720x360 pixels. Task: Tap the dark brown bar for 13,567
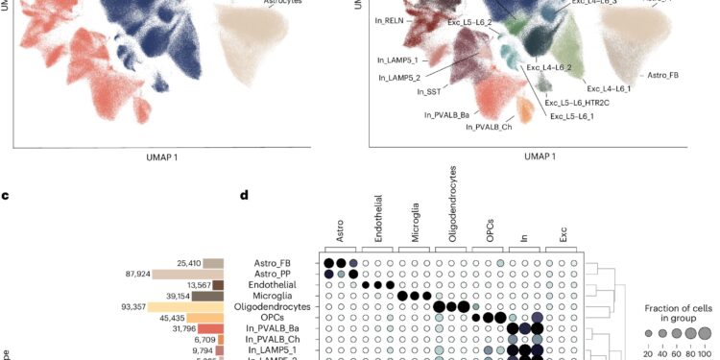coord(218,285)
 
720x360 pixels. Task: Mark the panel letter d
coord(245,197)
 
